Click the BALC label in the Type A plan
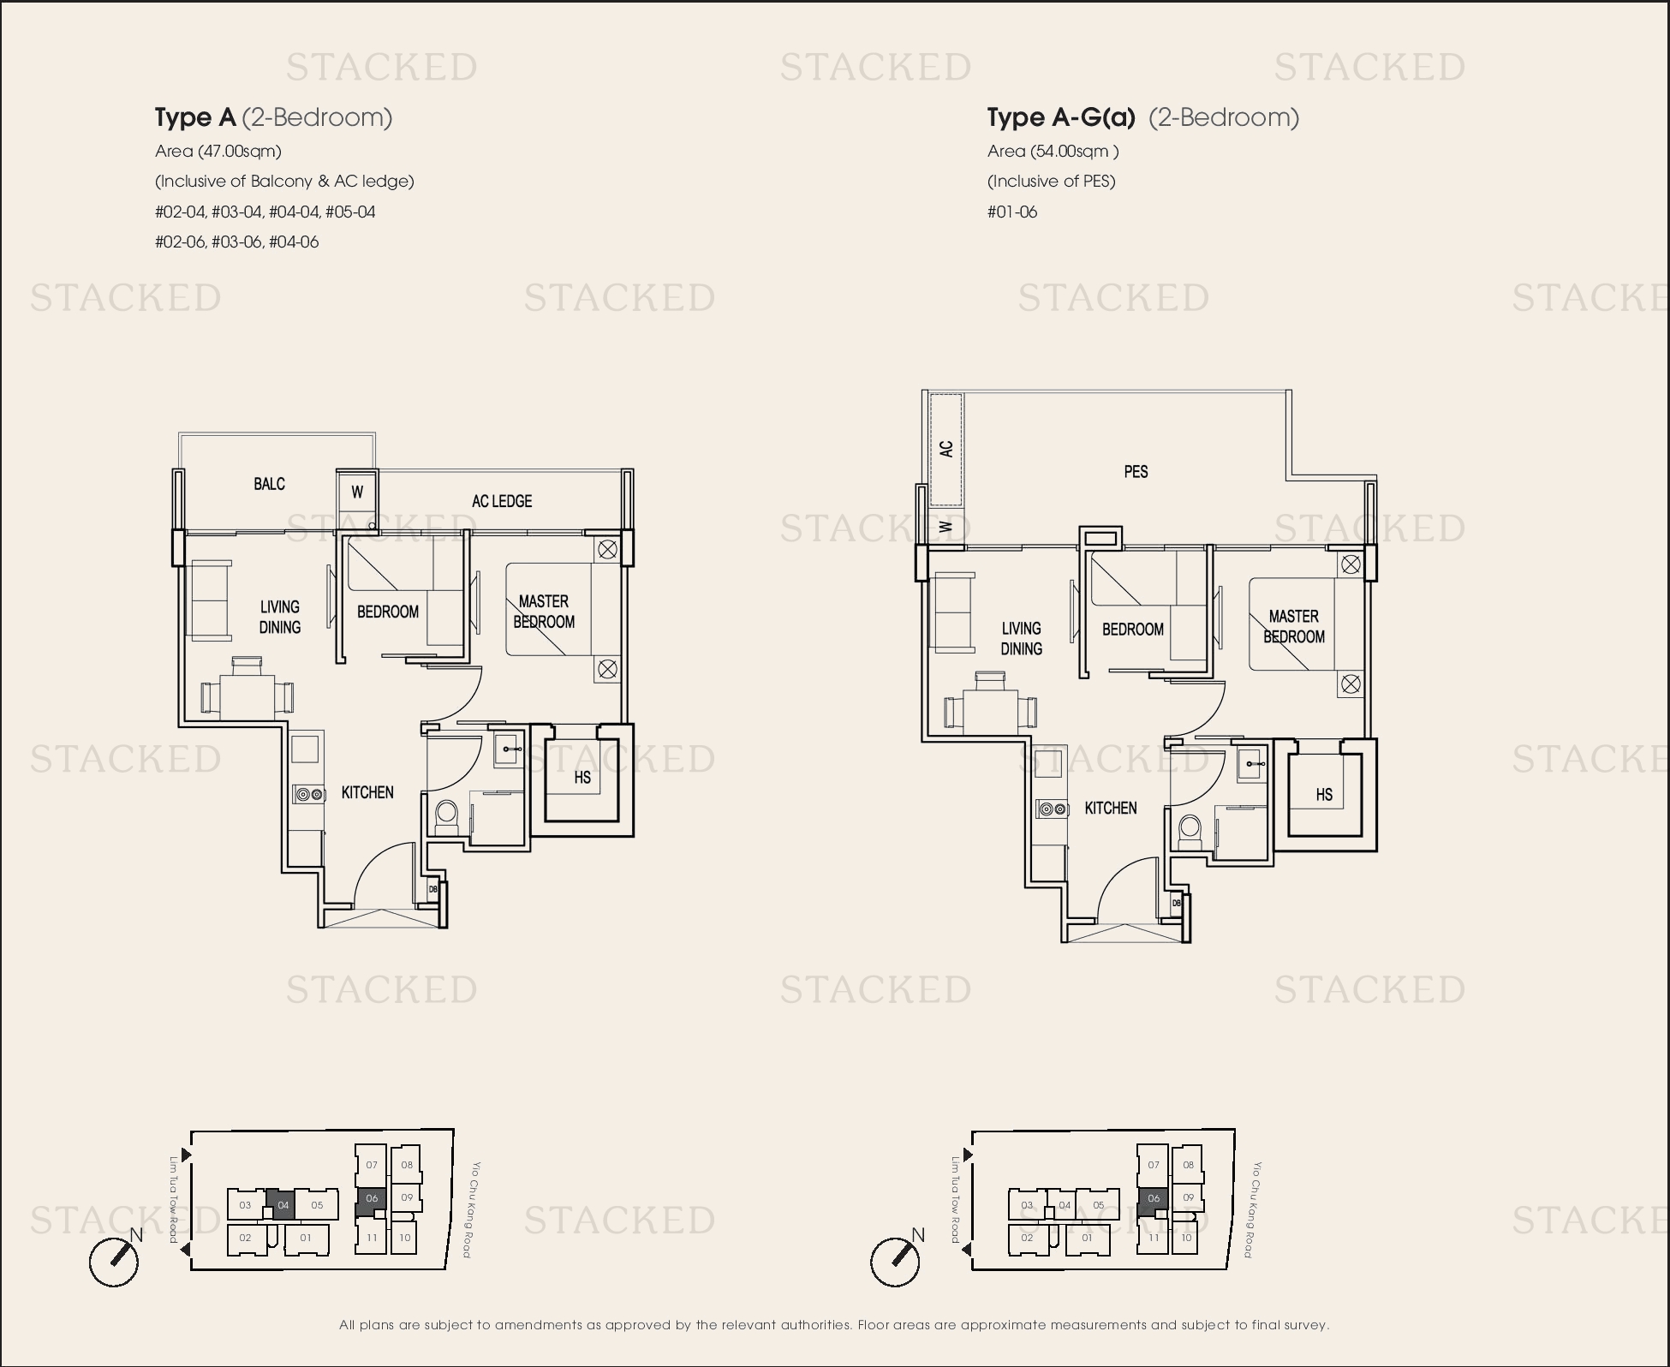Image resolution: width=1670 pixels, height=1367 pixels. [269, 484]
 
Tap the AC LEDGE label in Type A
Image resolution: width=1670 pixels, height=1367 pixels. [502, 501]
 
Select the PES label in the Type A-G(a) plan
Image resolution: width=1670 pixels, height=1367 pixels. [1136, 471]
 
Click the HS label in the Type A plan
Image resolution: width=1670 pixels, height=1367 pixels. [582, 778]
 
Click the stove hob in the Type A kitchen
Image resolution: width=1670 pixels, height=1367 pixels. [309, 795]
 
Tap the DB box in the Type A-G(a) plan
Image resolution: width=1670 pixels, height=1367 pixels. [1177, 904]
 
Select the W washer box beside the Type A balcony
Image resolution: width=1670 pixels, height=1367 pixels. [357, 492]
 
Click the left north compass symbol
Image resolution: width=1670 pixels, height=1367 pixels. [114, 1261]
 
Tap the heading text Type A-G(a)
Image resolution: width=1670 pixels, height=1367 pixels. [1061, 117]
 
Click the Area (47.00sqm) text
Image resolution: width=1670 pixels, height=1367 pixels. [218, 152]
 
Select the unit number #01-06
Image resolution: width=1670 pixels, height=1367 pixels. [1012, 212]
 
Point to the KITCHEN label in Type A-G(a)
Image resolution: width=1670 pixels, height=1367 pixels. [1111, 808]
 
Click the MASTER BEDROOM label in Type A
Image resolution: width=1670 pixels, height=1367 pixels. [544, 612]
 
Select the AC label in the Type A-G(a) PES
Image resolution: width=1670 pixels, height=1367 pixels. [946, 449]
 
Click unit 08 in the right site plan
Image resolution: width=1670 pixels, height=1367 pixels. [1188, 1165]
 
